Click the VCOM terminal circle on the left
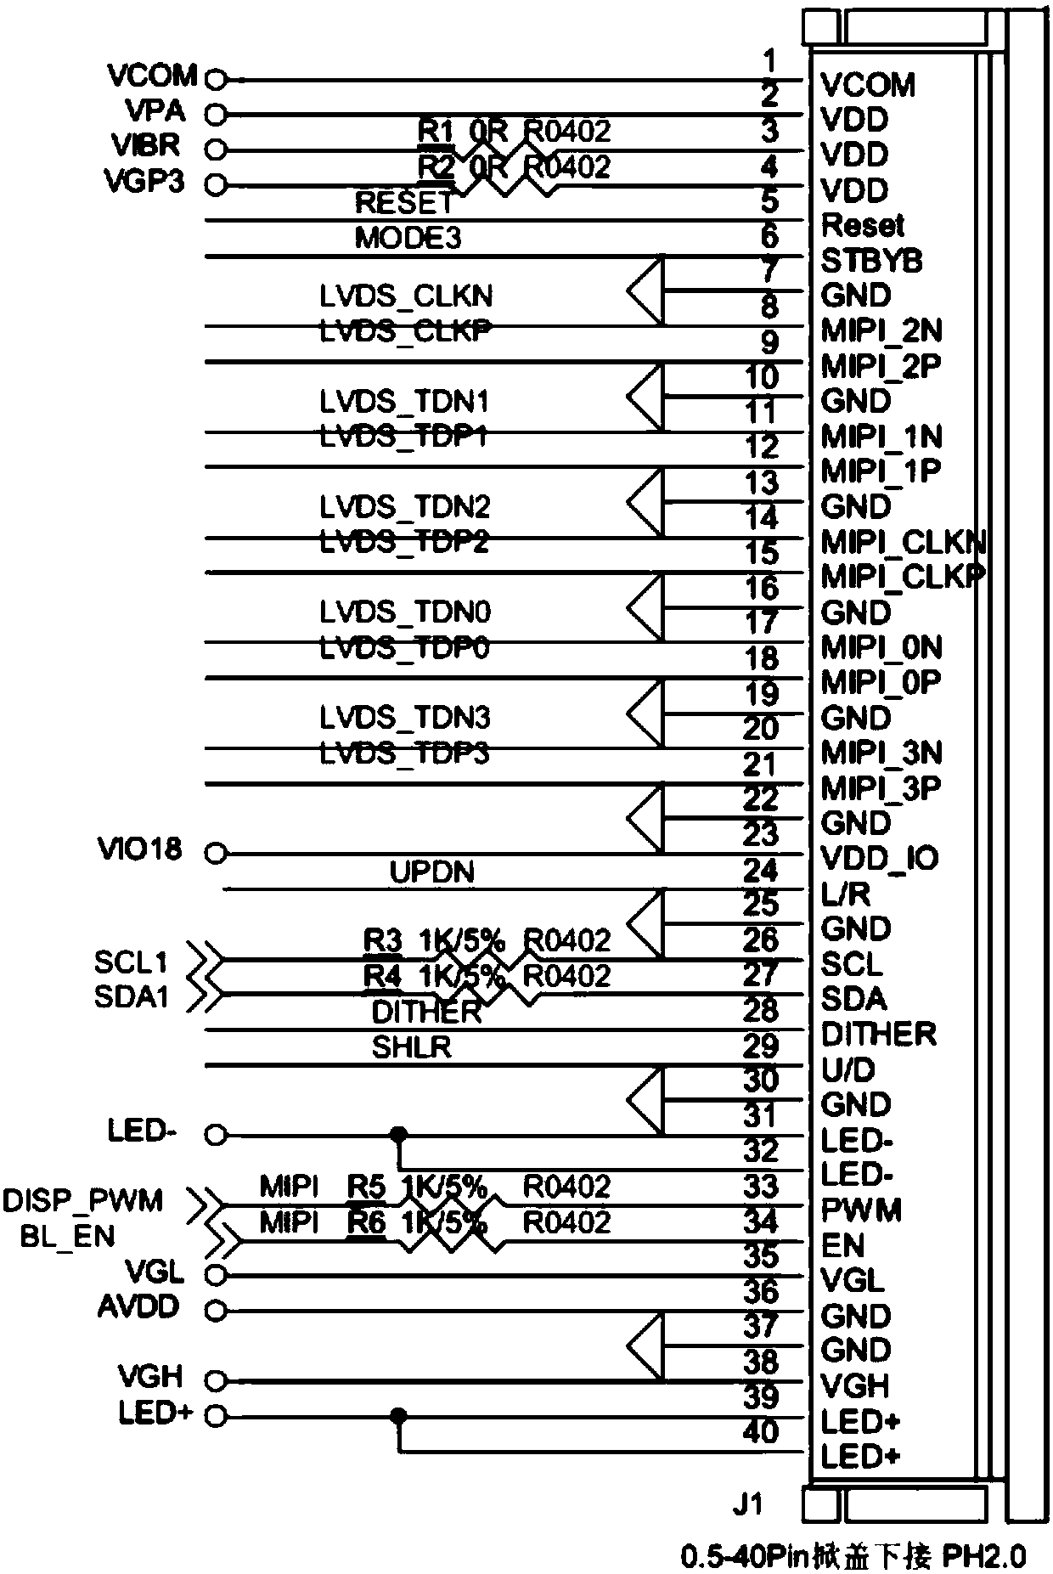pos(217,79)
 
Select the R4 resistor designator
pos(382,976)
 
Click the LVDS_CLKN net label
pos(406,296)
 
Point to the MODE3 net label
pos(408,238)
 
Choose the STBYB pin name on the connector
pos(871,261)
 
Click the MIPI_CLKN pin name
pos(903,541)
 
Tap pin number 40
pos(760,1431)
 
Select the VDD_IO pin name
pos(880,858)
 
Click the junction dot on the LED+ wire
pos(397,1416)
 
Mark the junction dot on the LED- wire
pos(397,1134)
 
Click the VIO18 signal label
pos(139,849)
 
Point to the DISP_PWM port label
pos(82,1201)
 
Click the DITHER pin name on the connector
pos(879,1034)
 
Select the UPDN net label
pos(431,872)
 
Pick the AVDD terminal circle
pos(217,1311)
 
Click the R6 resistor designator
pos(367,1222)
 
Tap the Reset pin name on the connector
pos(863,225)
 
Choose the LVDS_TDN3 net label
pos(405,718)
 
